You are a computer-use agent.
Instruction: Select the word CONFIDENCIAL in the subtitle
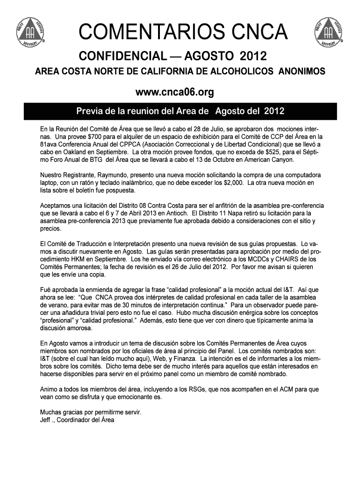point(121,57)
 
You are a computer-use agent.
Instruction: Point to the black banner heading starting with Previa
point(180,112)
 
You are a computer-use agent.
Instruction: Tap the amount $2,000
point(232,182)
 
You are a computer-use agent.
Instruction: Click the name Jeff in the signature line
point(46,420)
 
